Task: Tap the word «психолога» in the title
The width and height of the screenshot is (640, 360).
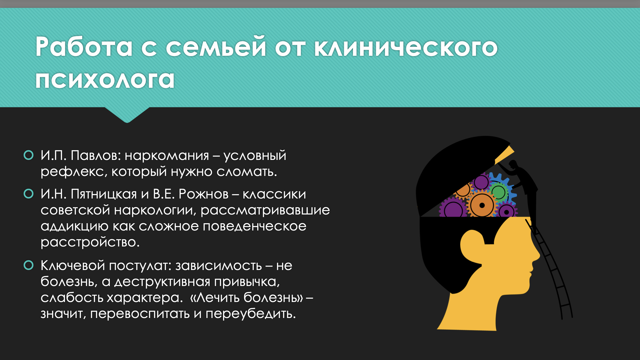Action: (105, 79)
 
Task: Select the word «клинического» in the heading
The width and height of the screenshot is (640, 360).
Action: (406, 47)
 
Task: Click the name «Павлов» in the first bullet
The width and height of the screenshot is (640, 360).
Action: (96, 155)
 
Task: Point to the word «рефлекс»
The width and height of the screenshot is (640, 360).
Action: (74, 172)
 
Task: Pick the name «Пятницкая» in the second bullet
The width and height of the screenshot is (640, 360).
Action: (104, 194)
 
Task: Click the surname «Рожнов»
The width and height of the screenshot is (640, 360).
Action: (204, 194)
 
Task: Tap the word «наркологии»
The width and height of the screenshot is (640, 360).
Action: (155, 210)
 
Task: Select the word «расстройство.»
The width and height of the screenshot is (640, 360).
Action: (90, 242)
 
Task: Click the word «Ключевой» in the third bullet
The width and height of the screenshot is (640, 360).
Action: (73, 266)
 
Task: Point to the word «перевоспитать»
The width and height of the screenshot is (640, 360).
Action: (140, 314)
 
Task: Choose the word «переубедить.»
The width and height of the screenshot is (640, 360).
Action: (251, 313)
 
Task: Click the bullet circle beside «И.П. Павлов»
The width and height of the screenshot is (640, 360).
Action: (29, 155)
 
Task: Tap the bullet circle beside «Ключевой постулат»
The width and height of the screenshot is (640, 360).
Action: (29, 265)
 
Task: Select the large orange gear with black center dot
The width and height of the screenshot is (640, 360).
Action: (482, 205)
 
